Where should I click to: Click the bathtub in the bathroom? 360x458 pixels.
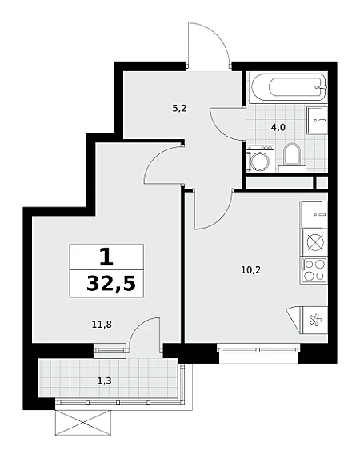tap(288, 86)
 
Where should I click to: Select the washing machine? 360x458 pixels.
tap(260, 159)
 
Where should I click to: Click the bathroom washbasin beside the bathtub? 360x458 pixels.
tap(317, 120)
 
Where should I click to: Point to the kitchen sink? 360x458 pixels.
tap(314, 214)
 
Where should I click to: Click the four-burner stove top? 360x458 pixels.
tap(314, 271)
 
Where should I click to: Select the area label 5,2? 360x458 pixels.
tap(179, 109)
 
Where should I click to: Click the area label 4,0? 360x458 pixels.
tap(278, 128)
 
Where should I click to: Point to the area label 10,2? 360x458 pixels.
tap(250, 270)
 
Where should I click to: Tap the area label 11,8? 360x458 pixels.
tap(102, 324)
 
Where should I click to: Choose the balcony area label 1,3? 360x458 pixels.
tap(105, 380)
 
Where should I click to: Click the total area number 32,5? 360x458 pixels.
tap(111, 284)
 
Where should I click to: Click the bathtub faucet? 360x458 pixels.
tap(321, 86)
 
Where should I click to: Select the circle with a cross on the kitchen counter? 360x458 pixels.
tap(314, 243)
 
